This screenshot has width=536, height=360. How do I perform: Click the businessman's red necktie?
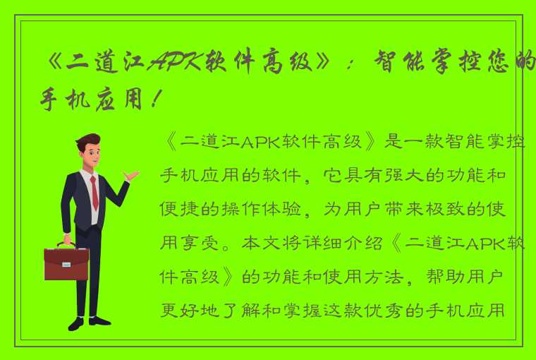pyautogui.click(x=94, y=191)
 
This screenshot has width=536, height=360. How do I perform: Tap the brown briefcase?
pyautogui.click(x=66, y=263)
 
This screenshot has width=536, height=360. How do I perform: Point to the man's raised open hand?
pyautogui.click(x=132, y=174)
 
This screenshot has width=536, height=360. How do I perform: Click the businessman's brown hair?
pyautogui.click(x=87, y=142)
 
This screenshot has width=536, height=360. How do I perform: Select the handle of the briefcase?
pyautogui.click(x=66, y=244)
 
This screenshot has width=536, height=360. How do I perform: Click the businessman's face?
pyautogui.click(x=90, y=155)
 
